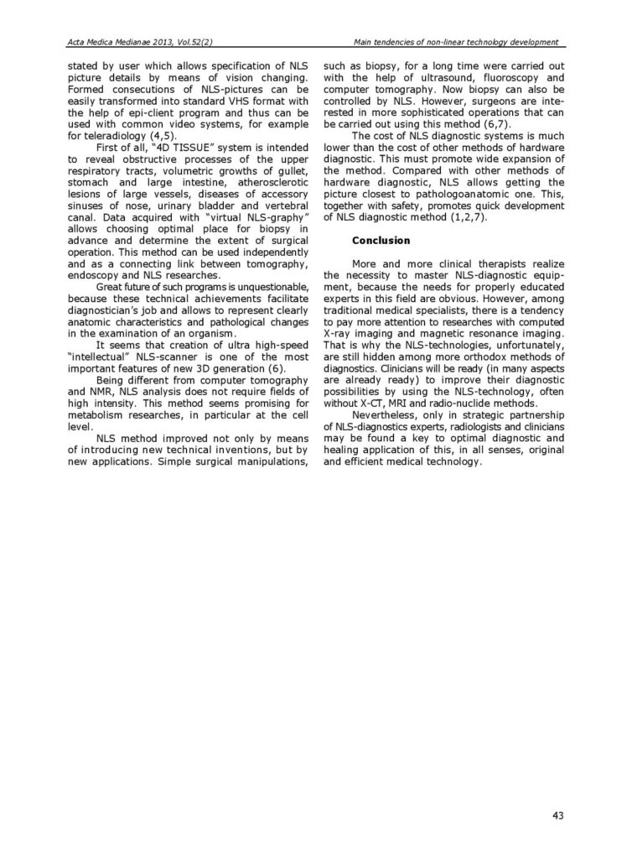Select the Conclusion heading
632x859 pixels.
(381, 241)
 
